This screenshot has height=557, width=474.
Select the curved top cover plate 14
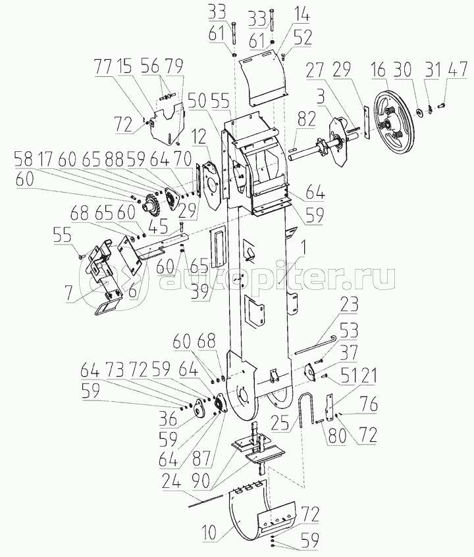click(262, 78)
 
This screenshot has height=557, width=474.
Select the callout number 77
click(103, 66)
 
